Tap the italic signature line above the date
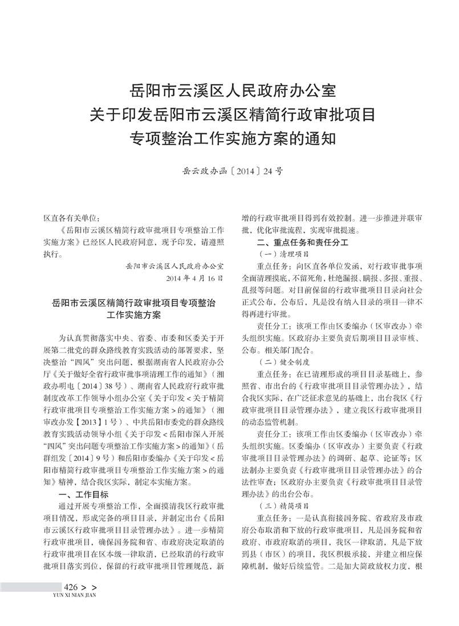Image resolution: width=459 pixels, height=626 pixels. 174,266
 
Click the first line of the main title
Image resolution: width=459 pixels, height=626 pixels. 233,90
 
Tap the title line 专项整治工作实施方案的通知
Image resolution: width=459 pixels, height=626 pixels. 233,138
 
